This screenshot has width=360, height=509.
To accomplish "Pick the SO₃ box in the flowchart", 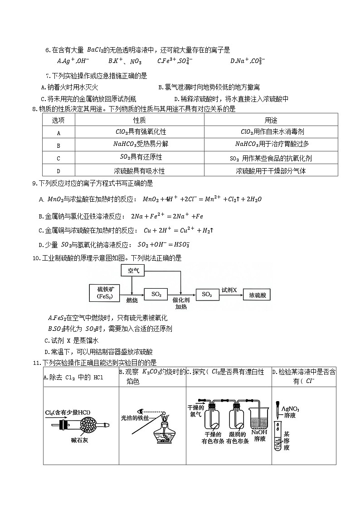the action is point(207,295).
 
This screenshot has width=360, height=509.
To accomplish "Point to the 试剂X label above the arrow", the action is point(229,290).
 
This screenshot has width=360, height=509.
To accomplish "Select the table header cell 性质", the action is point(139,120).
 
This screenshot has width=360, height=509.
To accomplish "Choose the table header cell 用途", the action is point(271,120).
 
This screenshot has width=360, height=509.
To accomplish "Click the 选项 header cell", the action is point(58,120).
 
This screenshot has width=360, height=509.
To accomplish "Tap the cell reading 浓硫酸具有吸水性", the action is point(139,171).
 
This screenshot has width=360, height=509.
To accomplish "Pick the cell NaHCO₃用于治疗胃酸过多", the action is point(271,145).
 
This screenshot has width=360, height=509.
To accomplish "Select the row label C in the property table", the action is point(58,158).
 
